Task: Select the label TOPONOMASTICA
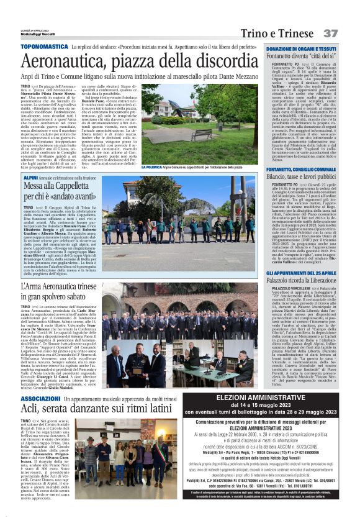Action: (46, 47)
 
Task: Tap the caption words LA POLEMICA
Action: (155, 167)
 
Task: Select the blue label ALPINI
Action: (32, 178)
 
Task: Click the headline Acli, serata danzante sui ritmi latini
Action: (97, 411)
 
